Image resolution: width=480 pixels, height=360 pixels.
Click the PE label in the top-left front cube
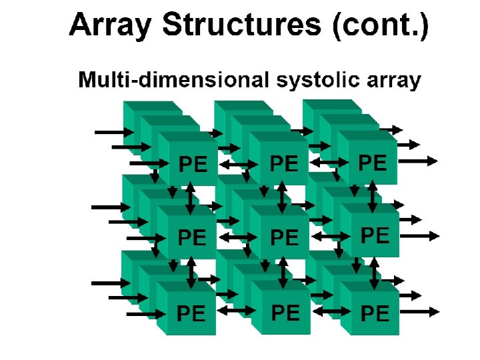click(193, 163)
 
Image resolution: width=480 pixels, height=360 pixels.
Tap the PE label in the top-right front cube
click(373, 162)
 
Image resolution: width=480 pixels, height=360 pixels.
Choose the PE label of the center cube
click(285, 237)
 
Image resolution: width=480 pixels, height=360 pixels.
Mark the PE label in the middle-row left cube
click(193, 237)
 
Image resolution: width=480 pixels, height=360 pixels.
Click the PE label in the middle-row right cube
click(375, 235)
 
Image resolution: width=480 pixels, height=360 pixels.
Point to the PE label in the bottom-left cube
click(191, 313)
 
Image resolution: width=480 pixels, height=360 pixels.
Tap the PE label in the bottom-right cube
click(375, 313)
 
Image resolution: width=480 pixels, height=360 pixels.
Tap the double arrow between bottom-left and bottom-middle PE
click(236, 311)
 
